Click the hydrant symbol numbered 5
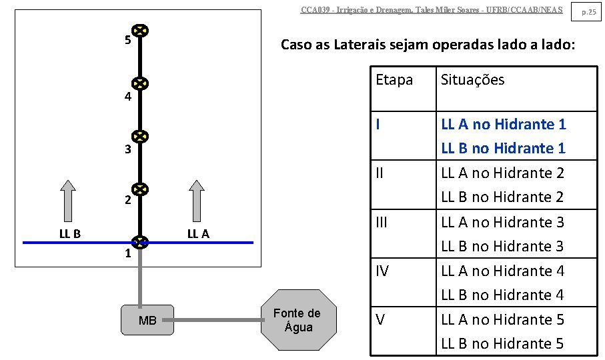point(140,31)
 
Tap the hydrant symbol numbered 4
point(140,84)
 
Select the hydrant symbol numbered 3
point(140,137)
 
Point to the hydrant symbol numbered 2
point(140,190)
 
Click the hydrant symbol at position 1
point(140,243)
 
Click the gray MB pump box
point(147,321)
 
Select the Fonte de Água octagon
point(297,320)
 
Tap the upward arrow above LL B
point(67,200)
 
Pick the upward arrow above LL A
point(197,200)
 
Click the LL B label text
point(69,233)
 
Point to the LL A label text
point(198,233)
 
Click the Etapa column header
point(394,80)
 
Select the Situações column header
point(472,80)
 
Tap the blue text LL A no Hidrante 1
point(504,124)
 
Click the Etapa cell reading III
point(381,222)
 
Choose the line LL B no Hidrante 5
point(503,343)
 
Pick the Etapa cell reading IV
point(382,271)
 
